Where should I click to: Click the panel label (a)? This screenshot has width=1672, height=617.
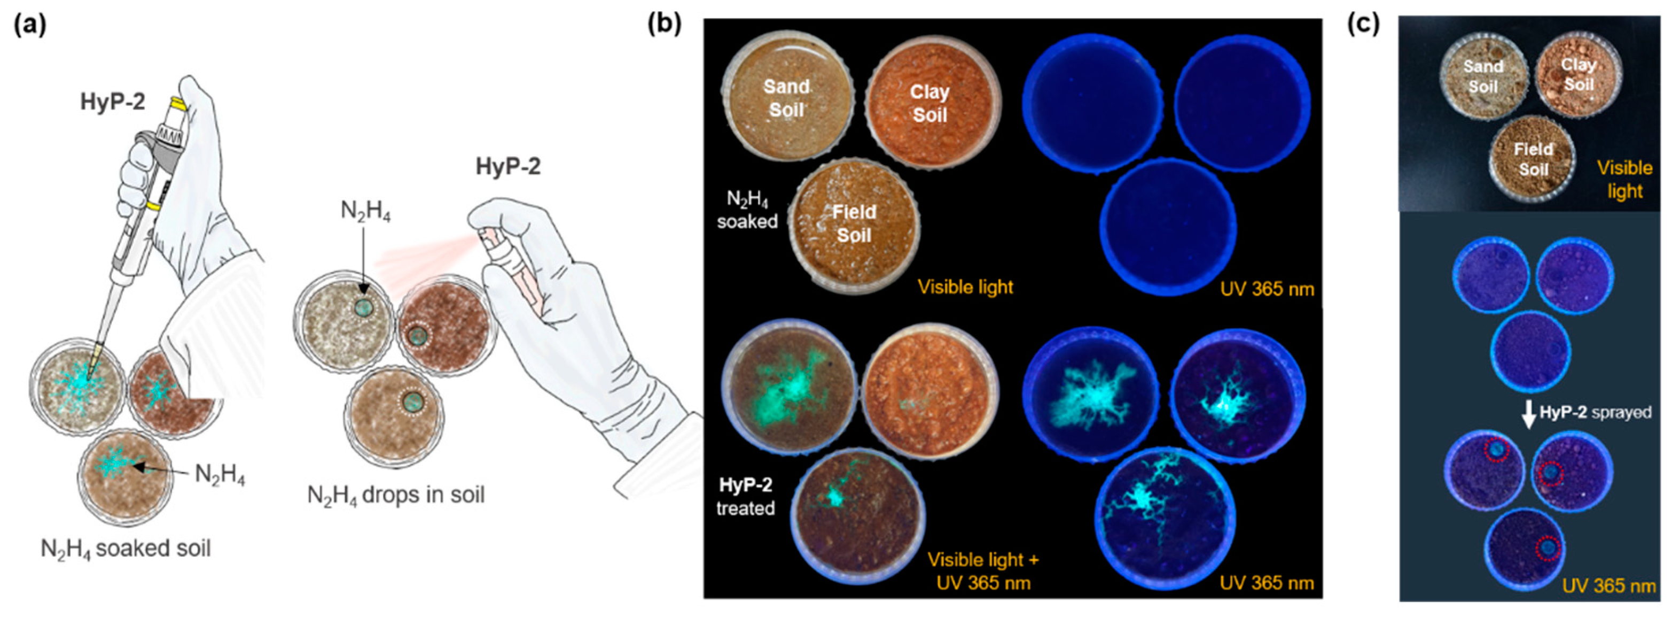[x=30, y=25]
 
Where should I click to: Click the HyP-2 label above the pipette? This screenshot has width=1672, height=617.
[x=112, y=102]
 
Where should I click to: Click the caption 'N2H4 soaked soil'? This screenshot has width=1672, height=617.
[x=126, y=549]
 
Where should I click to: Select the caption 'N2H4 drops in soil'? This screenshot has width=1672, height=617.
[x=395, y=496]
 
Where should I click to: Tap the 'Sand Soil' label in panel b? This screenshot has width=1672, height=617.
[x=786, y=98]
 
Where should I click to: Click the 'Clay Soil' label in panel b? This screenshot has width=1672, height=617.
[x=929, y=103]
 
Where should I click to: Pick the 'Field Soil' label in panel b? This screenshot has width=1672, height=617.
[x=854, y=223]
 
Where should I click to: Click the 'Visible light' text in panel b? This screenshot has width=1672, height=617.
[x=965, y=287]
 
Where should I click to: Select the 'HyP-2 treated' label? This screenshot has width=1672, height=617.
[x=745, y=496]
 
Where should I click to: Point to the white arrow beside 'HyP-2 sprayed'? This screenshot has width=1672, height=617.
[x=1528, y=414]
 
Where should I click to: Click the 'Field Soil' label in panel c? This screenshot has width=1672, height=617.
[x=1533, y=159]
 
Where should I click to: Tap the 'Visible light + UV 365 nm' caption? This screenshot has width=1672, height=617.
[x=983, y=571]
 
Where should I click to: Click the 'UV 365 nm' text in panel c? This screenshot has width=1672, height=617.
[x=1608, y=586]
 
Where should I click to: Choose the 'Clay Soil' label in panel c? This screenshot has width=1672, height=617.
[x=1579, y=74]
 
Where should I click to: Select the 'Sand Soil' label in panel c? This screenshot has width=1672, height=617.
[x=1483, y=76]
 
